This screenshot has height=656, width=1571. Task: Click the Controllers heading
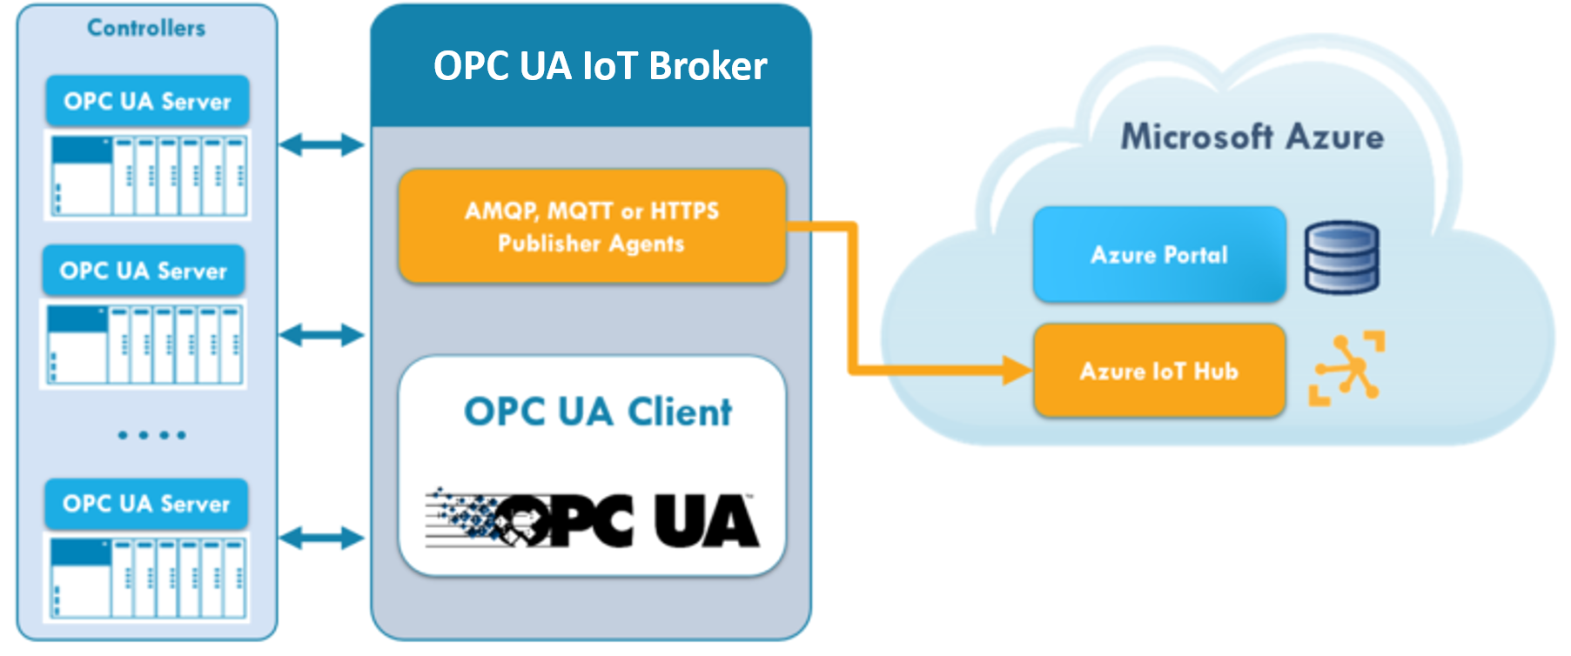coord(146,28)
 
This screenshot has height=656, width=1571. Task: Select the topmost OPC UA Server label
coord(147,101)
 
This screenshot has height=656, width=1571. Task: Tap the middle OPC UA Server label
coord(144,271)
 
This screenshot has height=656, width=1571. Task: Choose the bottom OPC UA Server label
coord(146,504)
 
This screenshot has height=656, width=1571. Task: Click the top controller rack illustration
coord(148,175)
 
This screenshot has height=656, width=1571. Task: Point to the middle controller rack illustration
coord(144,344)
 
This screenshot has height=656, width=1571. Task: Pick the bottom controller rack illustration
coord(147,577)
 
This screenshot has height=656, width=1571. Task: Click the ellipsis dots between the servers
coord(151,434)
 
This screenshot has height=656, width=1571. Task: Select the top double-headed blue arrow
coord(321,144)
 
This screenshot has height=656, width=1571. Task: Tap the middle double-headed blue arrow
coord(321,335)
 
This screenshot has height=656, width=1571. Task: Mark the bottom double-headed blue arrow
coord(321,538)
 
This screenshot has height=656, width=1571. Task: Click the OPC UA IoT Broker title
coord(600,66)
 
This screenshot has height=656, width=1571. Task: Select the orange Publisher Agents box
coord(592,226)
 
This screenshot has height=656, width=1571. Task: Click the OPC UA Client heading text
coord(598,412)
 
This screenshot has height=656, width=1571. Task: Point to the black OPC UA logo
coord(593,520)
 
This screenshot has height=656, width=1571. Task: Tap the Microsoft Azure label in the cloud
coord(1252,137)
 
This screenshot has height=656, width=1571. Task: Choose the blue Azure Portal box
coord(1159,254)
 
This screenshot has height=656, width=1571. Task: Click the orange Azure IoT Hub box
coord(1159,371)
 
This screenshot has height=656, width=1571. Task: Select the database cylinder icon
coord(1341,257)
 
